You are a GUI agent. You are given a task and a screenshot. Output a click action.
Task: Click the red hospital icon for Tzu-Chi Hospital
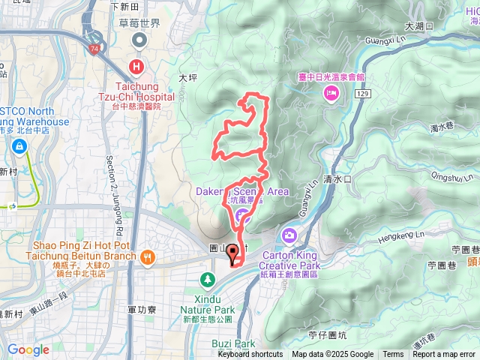coord(138,66)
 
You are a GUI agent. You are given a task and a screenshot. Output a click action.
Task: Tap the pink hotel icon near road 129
coord(330,92)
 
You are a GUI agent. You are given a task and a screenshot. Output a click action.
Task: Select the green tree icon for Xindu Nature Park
coord(206,280)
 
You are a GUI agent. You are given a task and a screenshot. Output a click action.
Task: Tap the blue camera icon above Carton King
coord(289,237)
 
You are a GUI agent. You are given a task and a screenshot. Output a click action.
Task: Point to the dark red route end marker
coord(232,254)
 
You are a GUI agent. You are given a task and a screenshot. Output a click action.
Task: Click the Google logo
coord(28,349)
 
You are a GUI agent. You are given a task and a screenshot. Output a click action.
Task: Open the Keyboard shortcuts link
coord(250,355)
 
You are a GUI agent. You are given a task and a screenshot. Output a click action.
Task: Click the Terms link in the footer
coord(393,355)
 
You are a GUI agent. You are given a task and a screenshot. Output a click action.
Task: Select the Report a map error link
coord(445,355)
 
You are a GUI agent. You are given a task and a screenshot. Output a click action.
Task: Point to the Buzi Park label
coord(232,343)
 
